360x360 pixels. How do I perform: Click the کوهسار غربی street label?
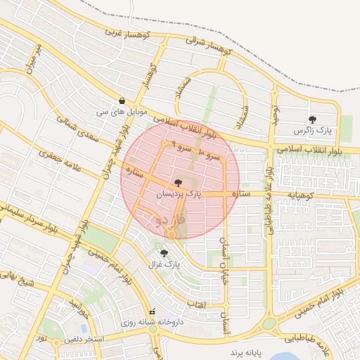pos(124,33)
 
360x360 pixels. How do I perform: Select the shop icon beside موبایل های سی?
pos(123,101)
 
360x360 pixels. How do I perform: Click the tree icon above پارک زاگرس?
pos(312,120)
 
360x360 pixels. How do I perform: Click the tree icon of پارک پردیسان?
pos(176,183)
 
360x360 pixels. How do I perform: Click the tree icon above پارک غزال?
pos(164,253)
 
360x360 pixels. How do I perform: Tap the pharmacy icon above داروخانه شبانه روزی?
pos(153,311)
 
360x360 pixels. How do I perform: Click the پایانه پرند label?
pos(245,349)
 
